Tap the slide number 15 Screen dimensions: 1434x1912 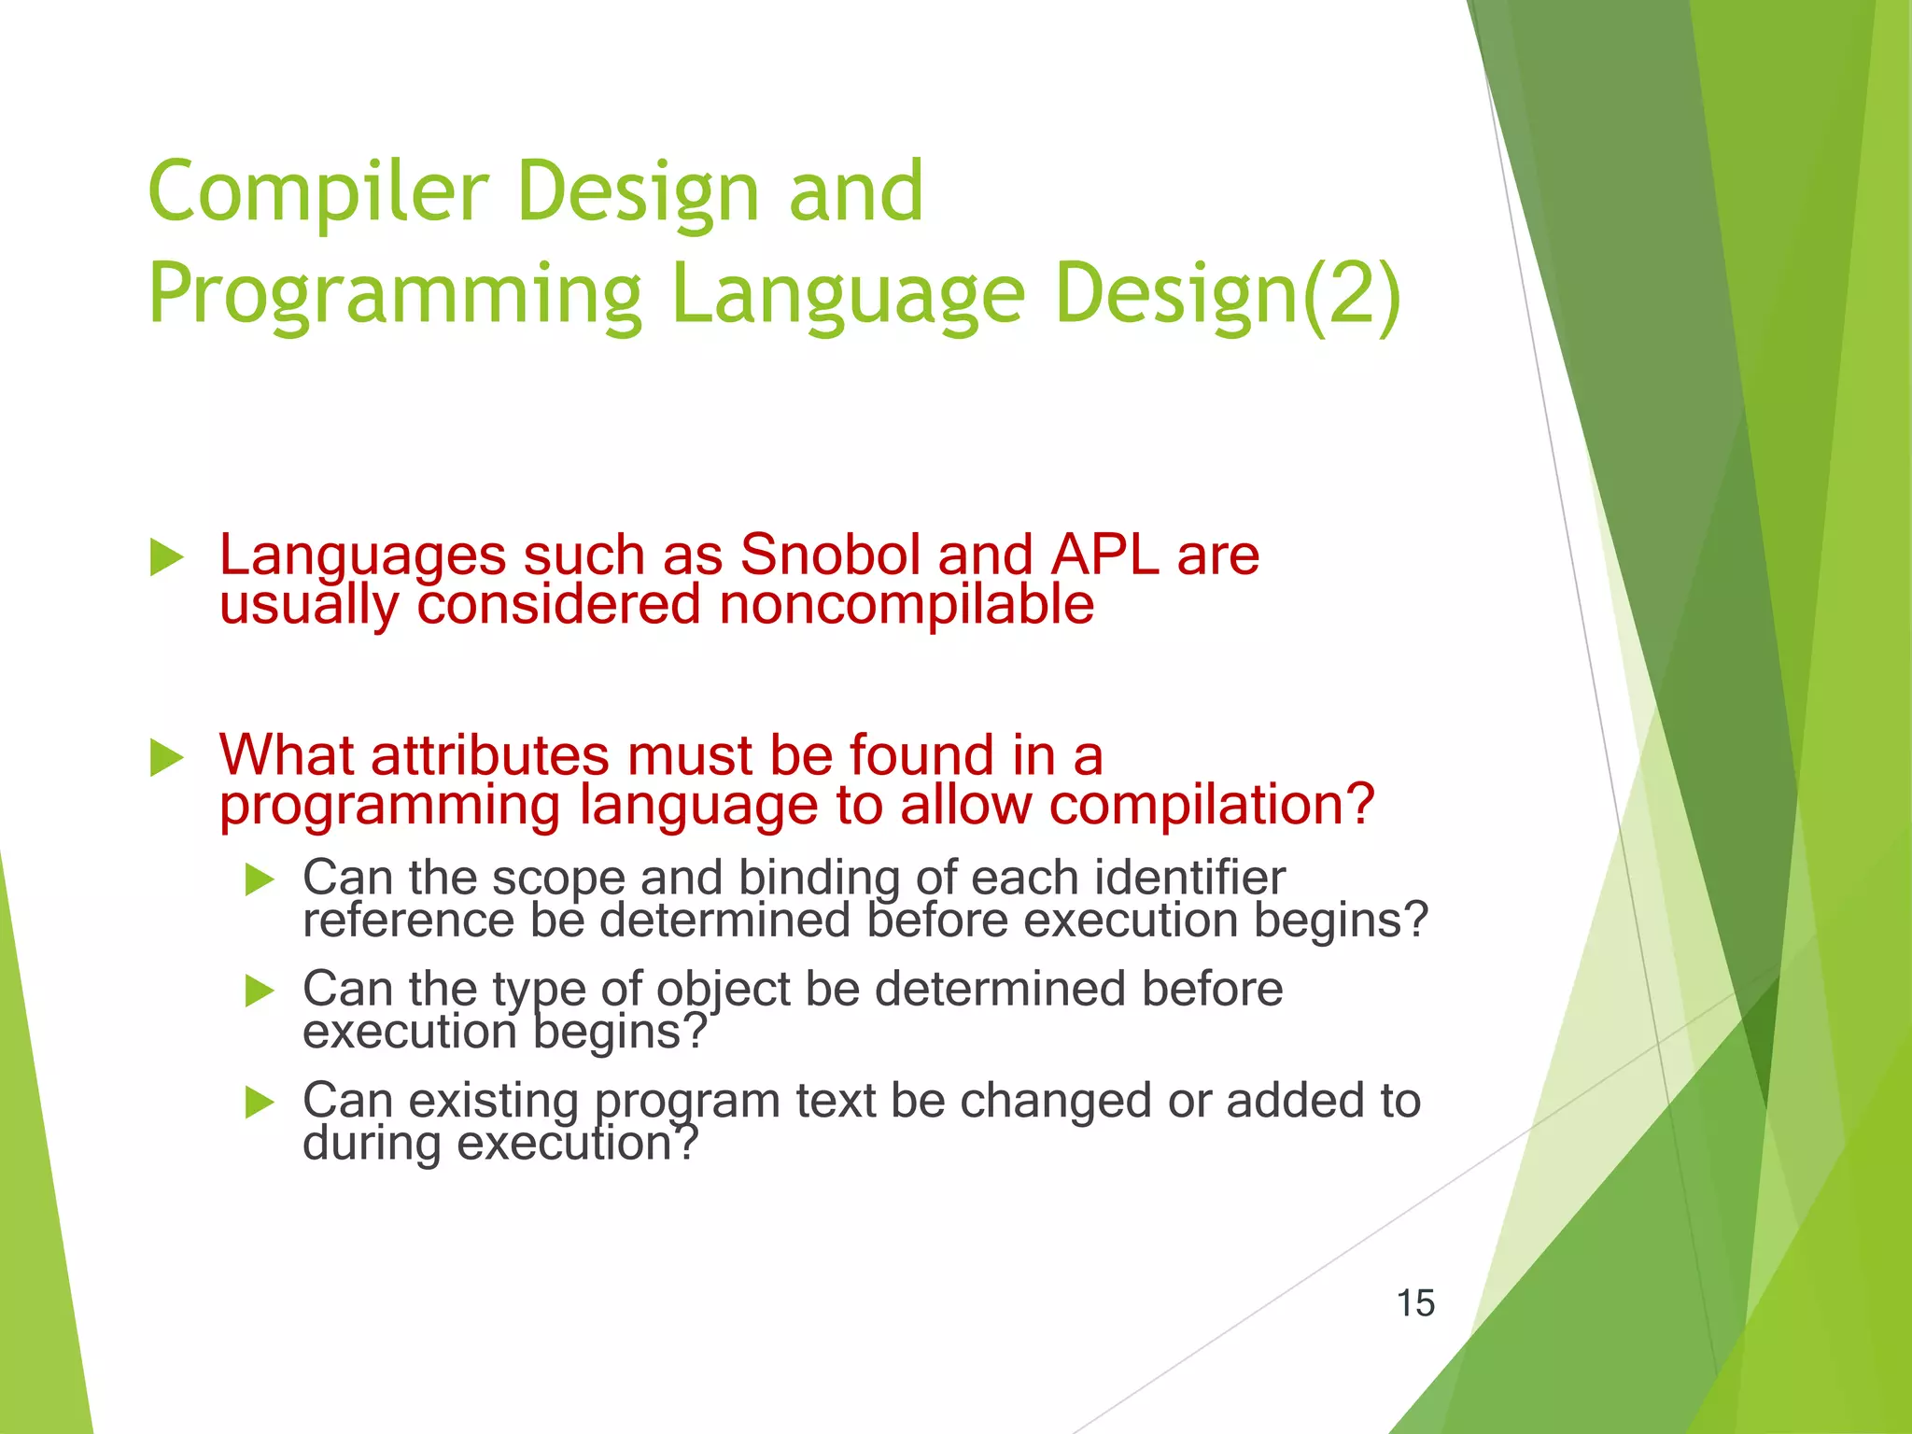point(1415,1303)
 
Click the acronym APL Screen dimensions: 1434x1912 point(1104,555)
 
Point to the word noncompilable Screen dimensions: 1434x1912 point(906,605)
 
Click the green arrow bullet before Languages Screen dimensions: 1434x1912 point(167,557)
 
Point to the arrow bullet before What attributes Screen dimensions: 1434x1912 point(167,757)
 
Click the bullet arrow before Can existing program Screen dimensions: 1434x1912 point(260,1103)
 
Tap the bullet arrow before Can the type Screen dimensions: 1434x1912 point(260,991)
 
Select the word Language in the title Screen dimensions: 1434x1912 point(848,294)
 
